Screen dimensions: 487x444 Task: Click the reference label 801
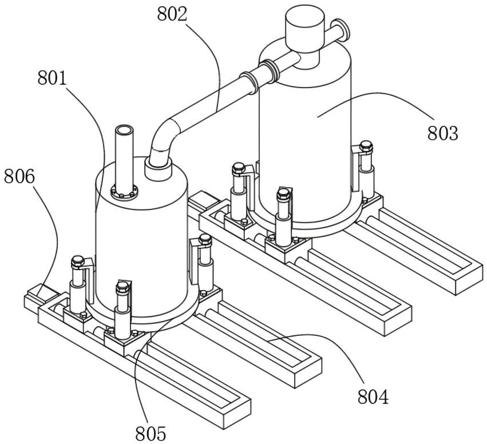pyautogui.click(x=52, y=78)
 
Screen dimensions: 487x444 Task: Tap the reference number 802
pyautogui.click(x=172, y=14)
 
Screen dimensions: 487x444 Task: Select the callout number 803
pyautogui.click(x=443, y=133)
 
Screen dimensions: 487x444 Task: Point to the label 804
pyautogui.click(x=373, y=397)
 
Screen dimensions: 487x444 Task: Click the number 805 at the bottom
pyautogui.click(x=151, y=434)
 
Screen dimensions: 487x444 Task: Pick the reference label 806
pyautogui.click(x=19, y=176)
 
